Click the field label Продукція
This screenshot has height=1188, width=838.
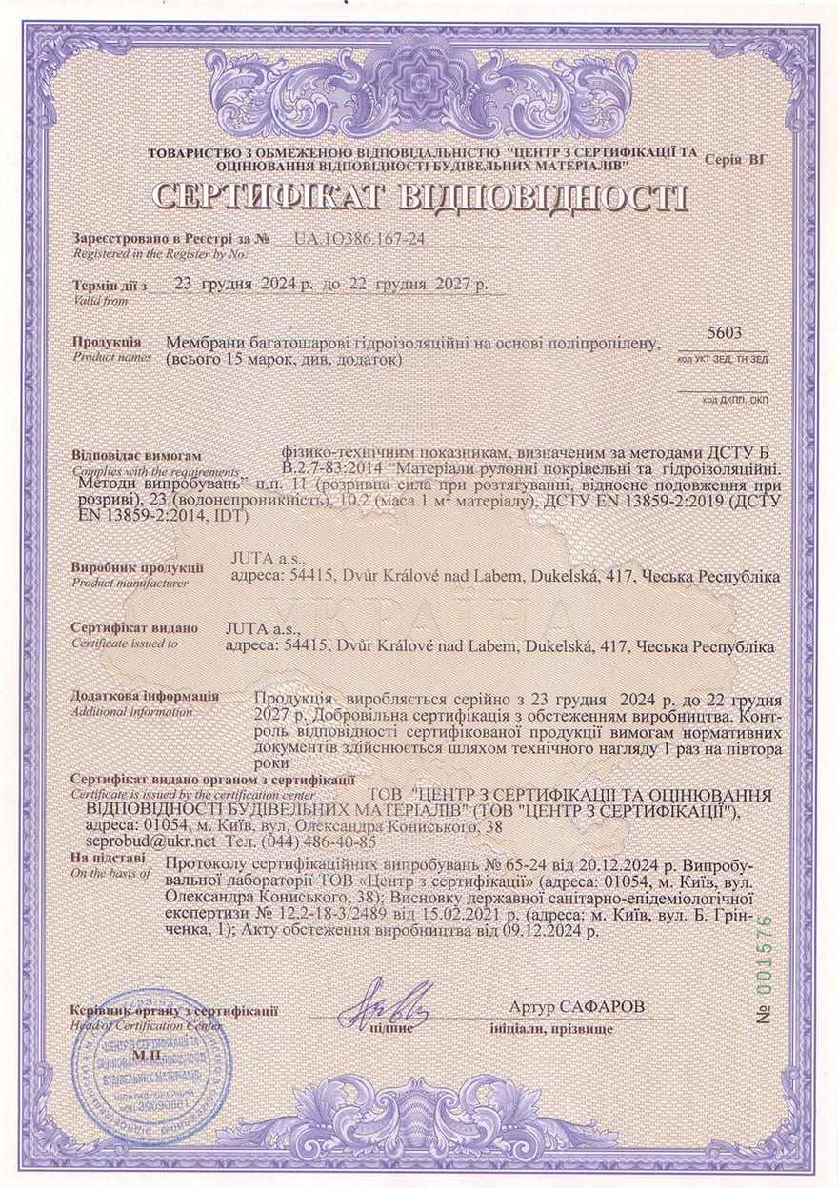click(x=107, y=341)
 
